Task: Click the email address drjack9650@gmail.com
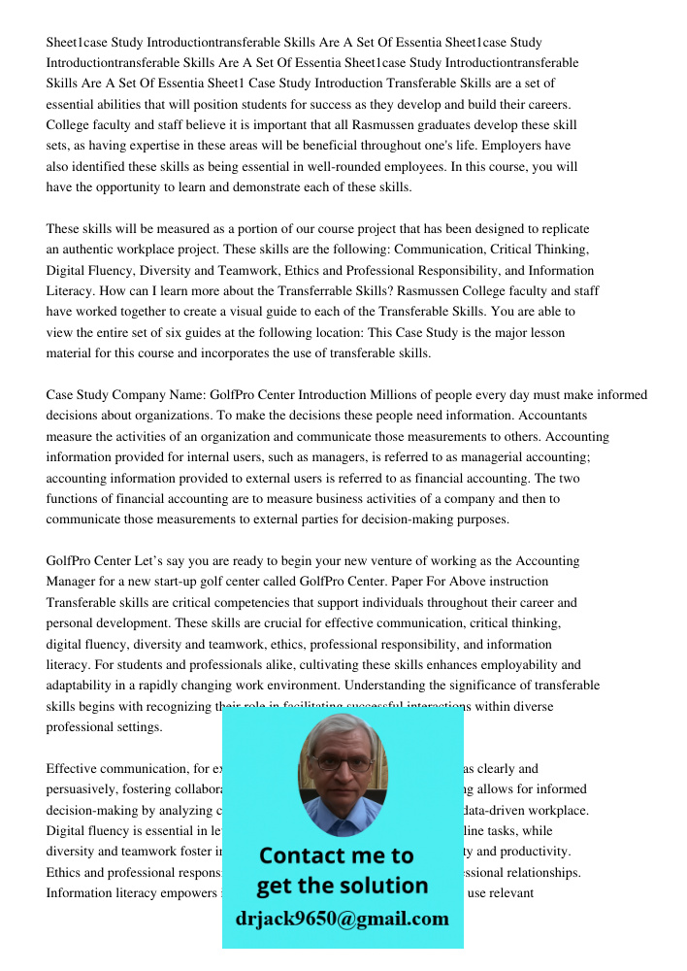342,919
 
